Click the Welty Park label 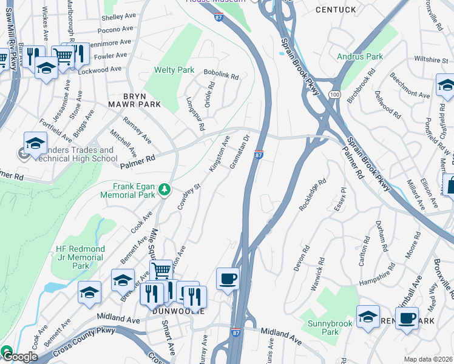click(x=174, y=70)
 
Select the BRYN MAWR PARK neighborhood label click(x=142, y=100)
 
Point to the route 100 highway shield click(x=334, y=95)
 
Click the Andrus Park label click(x=360, y=57)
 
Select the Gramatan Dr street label click(x=240, y=152)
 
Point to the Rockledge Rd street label click(x=313, y=195)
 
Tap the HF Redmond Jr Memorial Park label click(x=80, y=257)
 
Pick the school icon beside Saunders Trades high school click(x=35, y=144)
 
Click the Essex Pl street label click(x=340, y=199)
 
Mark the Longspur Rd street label click(x=195, y=113)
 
